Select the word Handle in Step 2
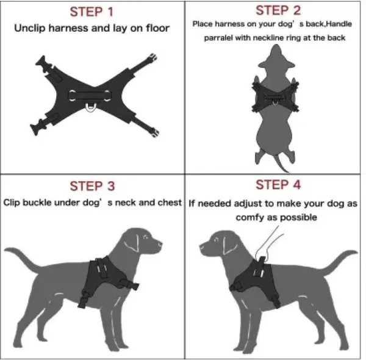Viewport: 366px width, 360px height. (x=341, y=24)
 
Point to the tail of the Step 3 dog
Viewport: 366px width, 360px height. (x=24, y=256)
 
